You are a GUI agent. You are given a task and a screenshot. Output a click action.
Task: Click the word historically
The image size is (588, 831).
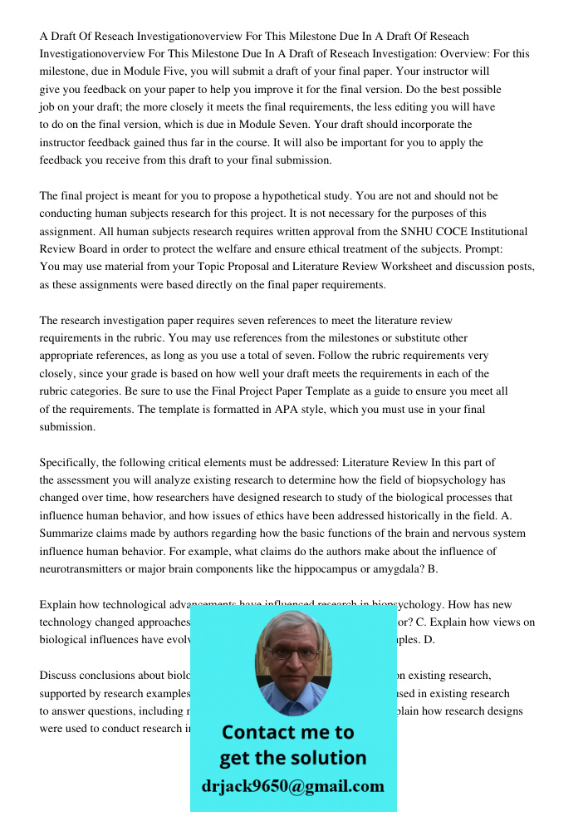413,515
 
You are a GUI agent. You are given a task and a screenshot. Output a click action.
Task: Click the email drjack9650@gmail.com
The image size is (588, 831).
293,786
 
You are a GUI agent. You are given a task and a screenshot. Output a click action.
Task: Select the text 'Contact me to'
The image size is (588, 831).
287,732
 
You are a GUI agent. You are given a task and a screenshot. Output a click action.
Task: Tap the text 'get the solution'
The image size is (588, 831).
292,758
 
